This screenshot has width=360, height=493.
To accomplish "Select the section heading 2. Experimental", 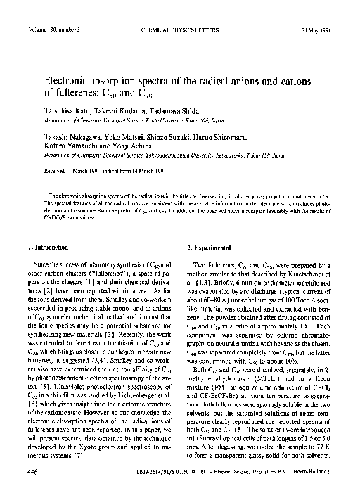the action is pyautogui.click(x=216, y=248).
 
